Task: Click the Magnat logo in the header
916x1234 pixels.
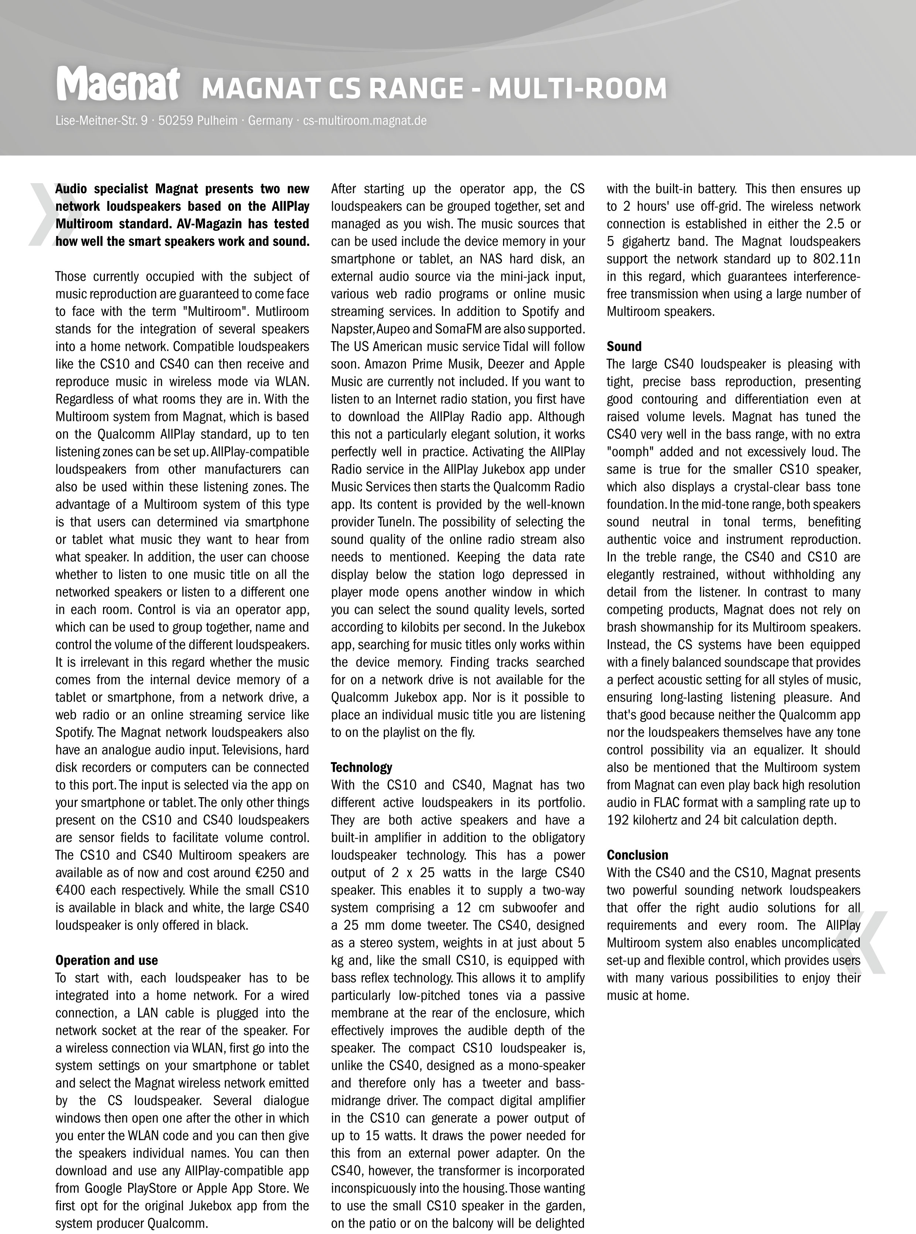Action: (x=117, y=85)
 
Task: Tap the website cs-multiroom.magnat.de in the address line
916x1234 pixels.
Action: (x=365, y=120)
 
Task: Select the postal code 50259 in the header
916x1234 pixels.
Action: (x=175, y=120)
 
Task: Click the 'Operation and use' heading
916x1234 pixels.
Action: (x=106, y=960)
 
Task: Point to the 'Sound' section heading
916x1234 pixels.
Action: (x=624, y=346)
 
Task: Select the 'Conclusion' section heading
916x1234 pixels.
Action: (x=637, y=855)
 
